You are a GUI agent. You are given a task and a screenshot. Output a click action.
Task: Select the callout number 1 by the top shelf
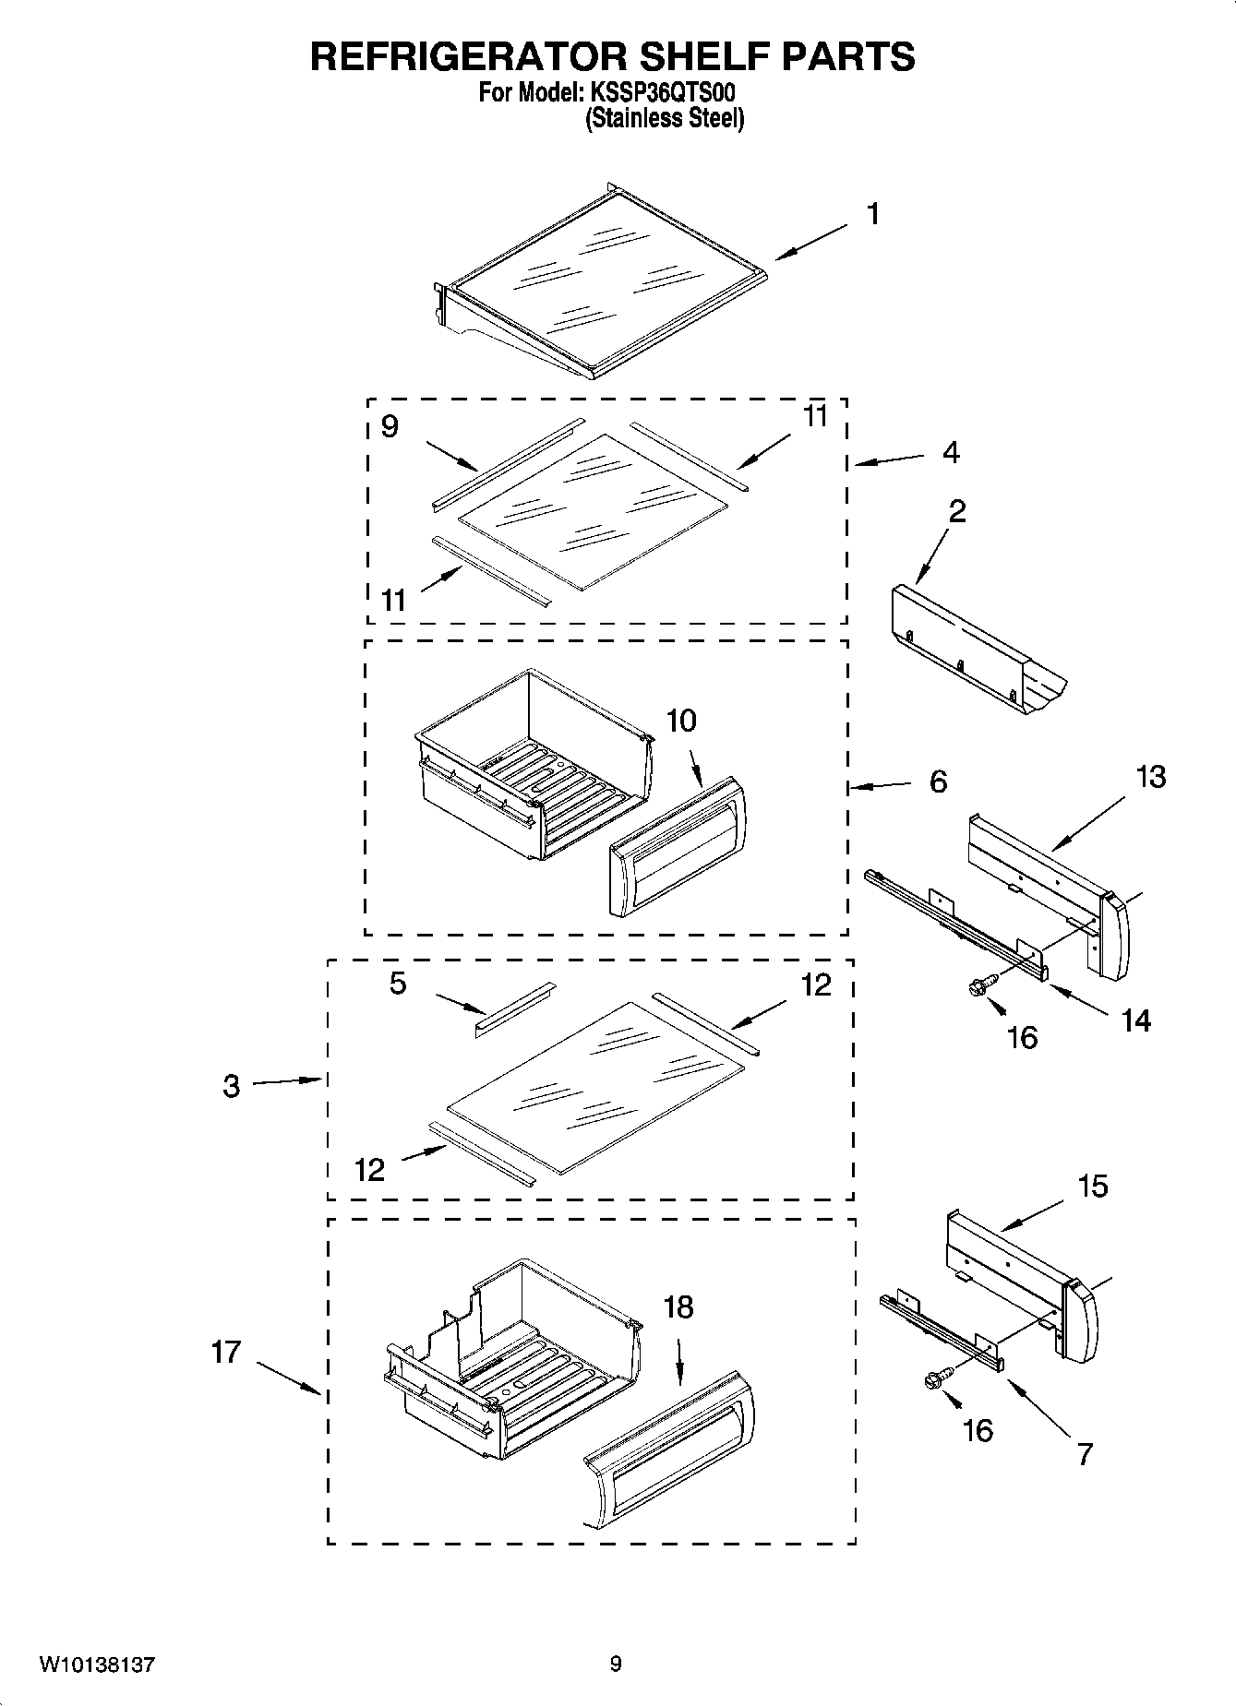point(872,214)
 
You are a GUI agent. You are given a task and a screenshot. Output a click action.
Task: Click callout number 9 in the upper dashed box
point(390,426)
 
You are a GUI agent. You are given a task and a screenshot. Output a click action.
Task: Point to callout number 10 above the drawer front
point(681,722)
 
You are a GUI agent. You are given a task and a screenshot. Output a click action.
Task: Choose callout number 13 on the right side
point(1150,777)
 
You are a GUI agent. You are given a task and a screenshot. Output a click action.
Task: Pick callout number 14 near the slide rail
point(1136,1020)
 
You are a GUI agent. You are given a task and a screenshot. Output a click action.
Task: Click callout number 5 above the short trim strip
point(398,984)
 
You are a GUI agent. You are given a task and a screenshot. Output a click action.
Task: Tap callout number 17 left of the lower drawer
point(226,1353)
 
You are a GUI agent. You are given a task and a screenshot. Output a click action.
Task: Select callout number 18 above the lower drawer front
point(678,1307)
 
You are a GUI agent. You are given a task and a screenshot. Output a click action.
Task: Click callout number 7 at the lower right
point(1085,1454)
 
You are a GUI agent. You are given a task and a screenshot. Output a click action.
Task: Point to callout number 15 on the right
point(1093,1187)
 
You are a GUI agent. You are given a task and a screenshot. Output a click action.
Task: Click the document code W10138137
point(97,1665)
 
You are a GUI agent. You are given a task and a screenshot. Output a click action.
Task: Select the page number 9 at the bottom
point(616,1665)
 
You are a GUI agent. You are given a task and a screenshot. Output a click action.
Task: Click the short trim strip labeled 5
point(515,1009)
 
